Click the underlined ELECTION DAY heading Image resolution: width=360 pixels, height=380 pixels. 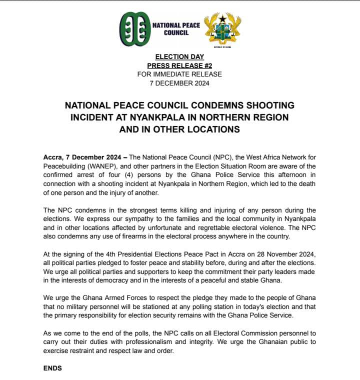pos(179,57)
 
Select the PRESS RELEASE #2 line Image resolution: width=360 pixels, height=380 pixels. pos(179,66)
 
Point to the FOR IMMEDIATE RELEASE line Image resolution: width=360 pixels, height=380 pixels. pos(179,74)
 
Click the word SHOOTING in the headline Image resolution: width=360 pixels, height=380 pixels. pos(269,105)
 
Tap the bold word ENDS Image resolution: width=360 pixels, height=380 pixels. pos(52,368)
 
